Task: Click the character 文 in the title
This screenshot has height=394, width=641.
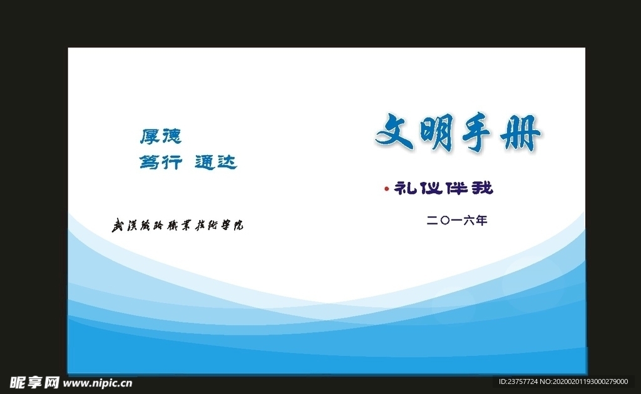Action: [396, 133]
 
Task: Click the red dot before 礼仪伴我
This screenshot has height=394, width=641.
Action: [387, 188]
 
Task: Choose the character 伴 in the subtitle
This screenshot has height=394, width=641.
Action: [456, 188]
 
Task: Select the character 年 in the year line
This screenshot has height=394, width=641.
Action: [480, 220]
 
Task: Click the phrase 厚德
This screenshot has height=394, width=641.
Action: [160, 136]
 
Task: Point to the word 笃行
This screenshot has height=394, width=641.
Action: [160, 163]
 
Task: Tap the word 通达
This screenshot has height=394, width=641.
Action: [216, 163]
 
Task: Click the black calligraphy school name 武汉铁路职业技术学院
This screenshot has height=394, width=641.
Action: [177, 225]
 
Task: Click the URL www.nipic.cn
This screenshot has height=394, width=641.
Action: [98, 382]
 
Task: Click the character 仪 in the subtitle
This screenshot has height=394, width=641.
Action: [430, 188]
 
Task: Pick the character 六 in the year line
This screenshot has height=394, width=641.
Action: [468, 220]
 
